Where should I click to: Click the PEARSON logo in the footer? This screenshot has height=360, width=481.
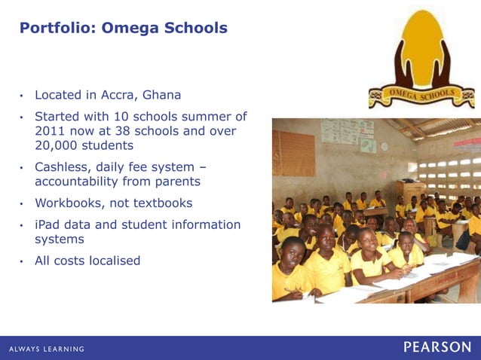coord(437,347)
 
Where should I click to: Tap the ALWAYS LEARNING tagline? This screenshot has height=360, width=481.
coord(47,349)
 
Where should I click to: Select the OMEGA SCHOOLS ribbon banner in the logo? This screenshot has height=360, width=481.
coord(422,96)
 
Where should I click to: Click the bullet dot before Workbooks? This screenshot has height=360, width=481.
coord(23,204)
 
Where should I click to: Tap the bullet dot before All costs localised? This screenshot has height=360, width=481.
coord(23,261)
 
